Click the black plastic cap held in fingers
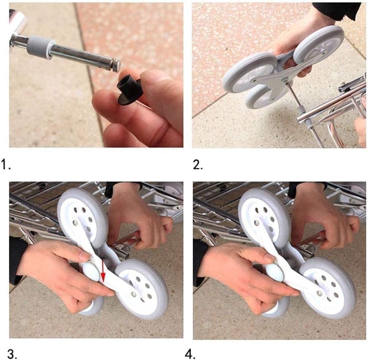[130, 89]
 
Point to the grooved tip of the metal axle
[117, 64]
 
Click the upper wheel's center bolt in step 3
[75, 222]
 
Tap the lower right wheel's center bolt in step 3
[134, 294]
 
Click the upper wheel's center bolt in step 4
[257, 223]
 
